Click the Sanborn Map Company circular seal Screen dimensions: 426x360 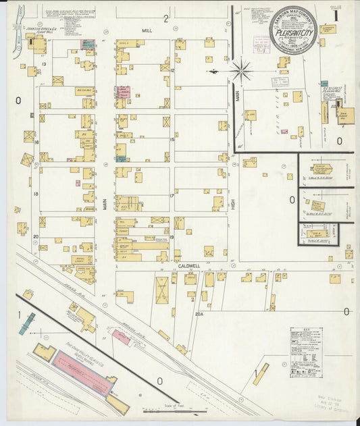(293, 30)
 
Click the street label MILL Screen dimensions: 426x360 (148, 31)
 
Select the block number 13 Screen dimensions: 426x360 (43, 64)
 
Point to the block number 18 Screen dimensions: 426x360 (36, 193)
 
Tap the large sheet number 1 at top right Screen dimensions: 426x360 (349, 13)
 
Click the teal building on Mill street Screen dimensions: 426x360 (88, 44)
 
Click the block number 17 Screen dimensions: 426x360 (172, 196)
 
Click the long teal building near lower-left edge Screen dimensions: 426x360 (27, 324)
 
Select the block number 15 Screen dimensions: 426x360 (172, 140)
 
